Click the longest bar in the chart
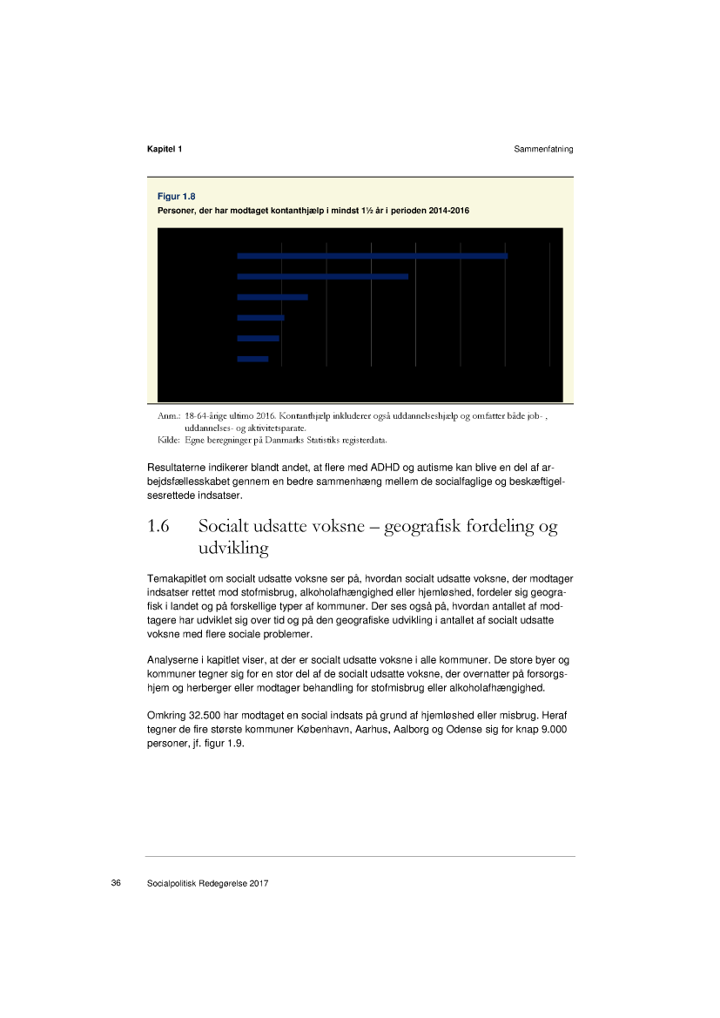point(372,255)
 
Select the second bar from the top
point(322,276)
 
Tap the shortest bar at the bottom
point(252,359)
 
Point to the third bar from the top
point(273,297)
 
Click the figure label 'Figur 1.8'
point(176,196)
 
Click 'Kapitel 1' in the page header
point(165,149)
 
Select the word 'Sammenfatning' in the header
point(543,149)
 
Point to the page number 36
point(116,883)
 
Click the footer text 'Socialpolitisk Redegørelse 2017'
point(207,883)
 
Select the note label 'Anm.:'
point(168,417)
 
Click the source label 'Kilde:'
point(168,440)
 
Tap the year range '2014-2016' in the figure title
point(447,212)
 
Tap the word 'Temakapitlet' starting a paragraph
point(176,579)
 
